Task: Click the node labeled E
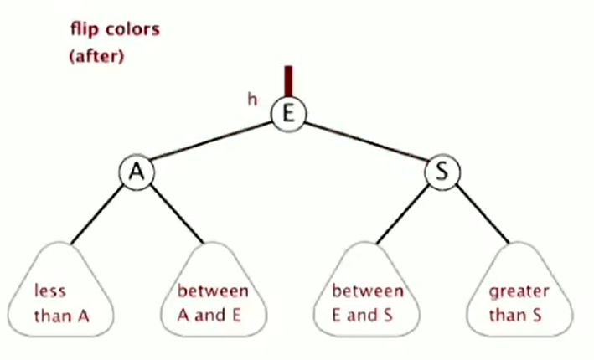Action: tap(288, 114)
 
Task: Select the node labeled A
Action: tap(137, 172)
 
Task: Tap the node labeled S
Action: tap(442, 172)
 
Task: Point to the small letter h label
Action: tap(252, 100)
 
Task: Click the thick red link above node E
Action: tap(289, 82)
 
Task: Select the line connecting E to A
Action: tap(210, 141)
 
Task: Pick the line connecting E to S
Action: tap(365, 141)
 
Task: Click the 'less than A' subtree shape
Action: tap(60, 290)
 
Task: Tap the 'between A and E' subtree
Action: tap(214, 290)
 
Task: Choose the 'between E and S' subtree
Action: tap(367, 290)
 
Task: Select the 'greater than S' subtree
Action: tap(519, 290)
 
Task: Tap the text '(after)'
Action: tap(96, 56)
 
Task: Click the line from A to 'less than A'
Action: tap(98, 214)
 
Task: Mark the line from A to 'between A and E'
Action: tap(176, 214)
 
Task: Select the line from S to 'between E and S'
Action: tap(403, 214)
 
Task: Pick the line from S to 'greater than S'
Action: tap(482, 214)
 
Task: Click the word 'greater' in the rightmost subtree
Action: tap(519, 292)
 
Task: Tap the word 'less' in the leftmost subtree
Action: tap(50, 291)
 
